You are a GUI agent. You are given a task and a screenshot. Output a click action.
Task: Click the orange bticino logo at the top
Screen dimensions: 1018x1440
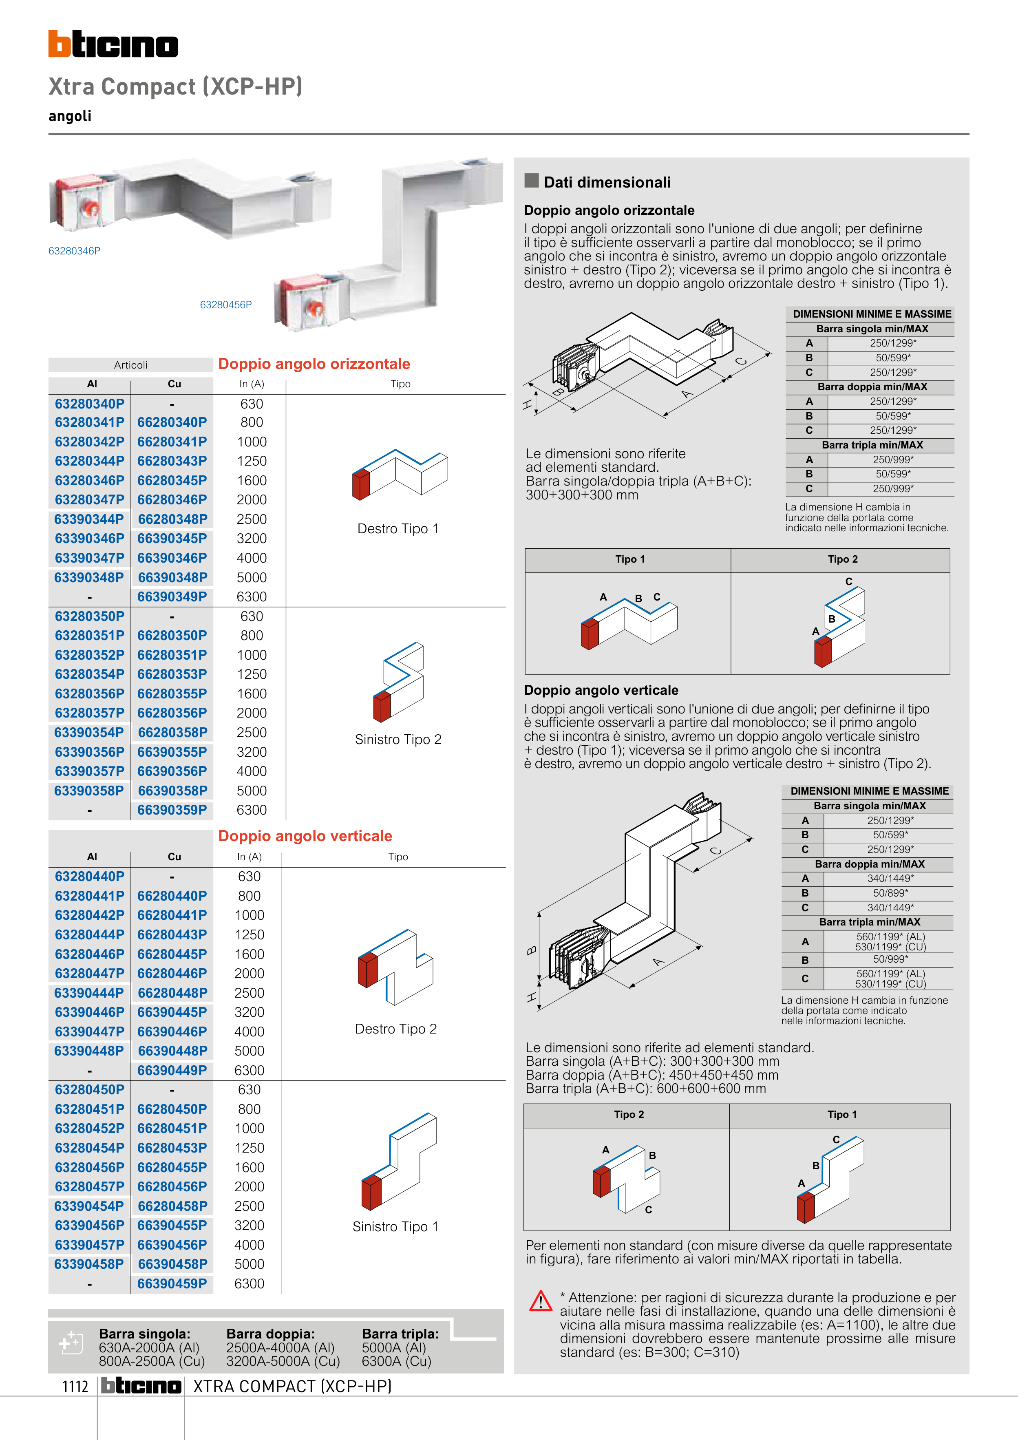point(113,44)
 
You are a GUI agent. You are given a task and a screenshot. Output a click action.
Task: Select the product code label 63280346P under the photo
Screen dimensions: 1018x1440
point(74,251)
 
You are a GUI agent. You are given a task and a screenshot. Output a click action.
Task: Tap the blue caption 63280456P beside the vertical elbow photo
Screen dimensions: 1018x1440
point(226,305)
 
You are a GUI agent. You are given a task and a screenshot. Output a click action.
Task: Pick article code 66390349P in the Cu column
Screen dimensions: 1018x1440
point(172,597)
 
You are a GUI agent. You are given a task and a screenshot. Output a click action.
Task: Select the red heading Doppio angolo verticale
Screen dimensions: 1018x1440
point(305,836)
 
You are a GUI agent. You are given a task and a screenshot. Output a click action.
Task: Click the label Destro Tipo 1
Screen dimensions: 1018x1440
point(397,529)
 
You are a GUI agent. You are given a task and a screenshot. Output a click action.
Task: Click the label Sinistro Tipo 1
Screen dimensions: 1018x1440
point(395,1227)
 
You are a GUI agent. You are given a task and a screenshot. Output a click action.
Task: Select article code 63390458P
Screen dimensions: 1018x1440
point(89,1264)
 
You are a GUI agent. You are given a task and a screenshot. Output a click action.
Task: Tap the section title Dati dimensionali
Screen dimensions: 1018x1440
point(607,183)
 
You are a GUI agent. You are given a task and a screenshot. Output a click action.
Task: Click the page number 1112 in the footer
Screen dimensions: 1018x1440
point(75,1387)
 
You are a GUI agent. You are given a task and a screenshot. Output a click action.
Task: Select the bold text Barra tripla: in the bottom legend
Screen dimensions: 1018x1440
point(400,1334)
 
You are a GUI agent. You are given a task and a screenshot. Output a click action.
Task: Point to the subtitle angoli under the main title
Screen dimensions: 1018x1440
point(70,116)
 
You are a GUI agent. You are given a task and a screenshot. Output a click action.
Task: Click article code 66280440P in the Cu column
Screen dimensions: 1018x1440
point(172,896)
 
